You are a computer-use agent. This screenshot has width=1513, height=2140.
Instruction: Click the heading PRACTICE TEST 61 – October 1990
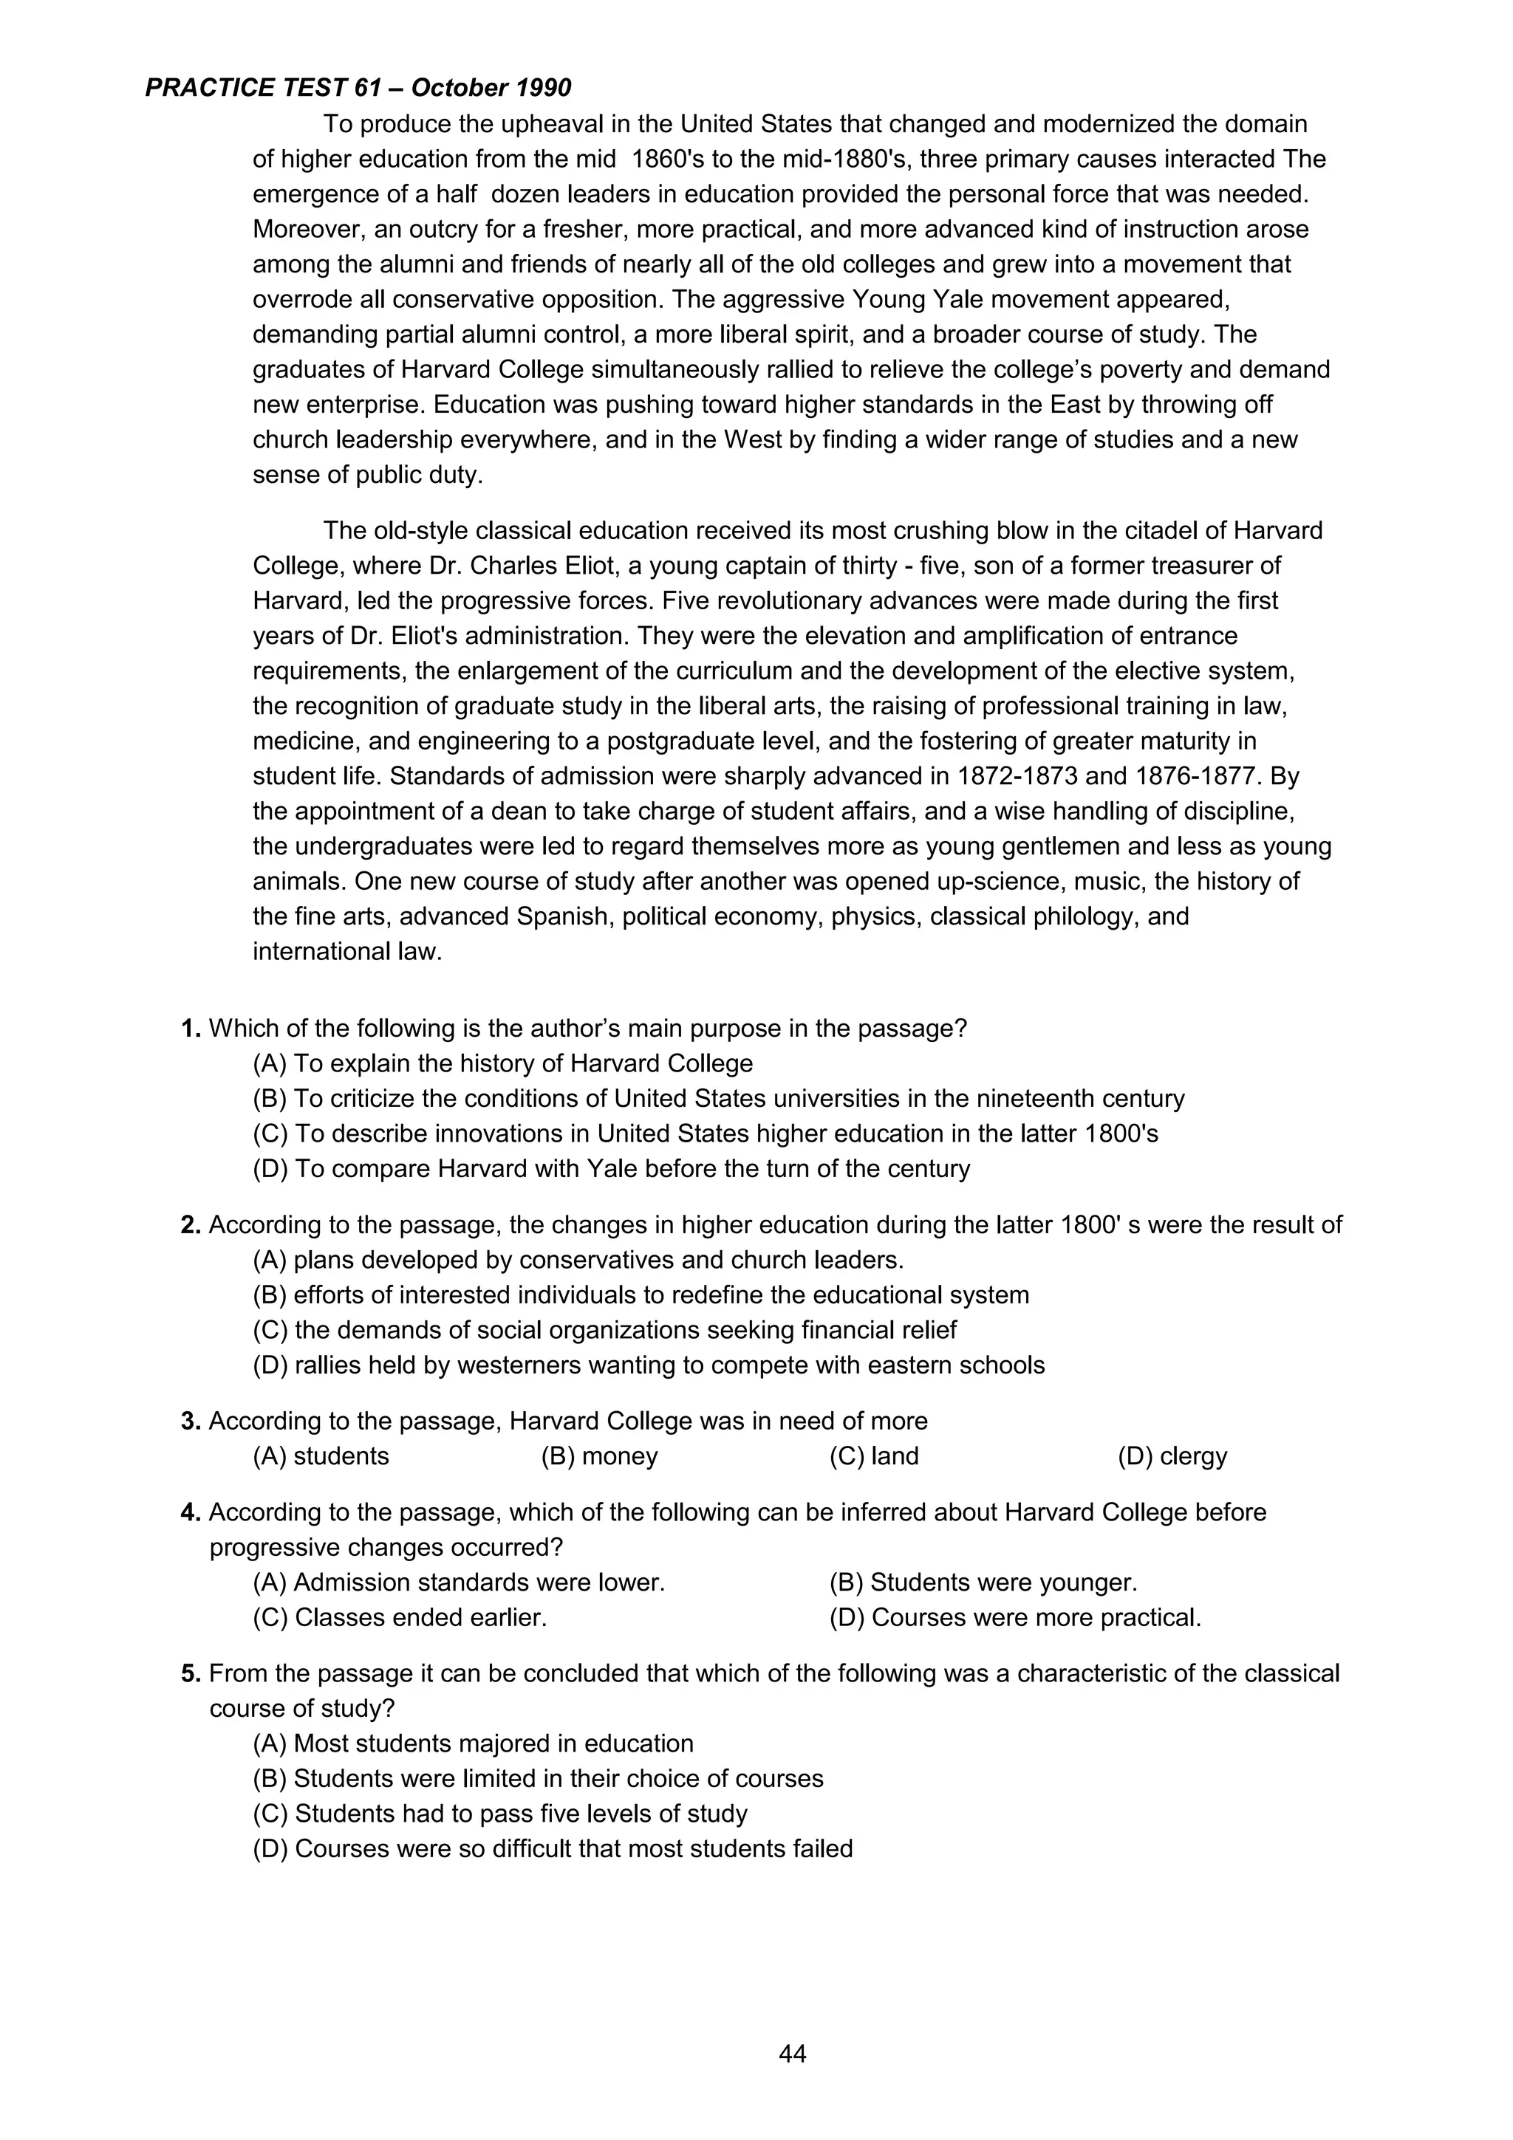pos(358,89)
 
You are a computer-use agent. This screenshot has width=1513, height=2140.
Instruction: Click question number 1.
pos(190,1029)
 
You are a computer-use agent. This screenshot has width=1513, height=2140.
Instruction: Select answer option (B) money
pos(599,1456)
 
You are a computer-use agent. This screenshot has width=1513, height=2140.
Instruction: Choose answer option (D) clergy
pos(1172,1456)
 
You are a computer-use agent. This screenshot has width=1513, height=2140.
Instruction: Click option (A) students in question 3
pos(321,1456)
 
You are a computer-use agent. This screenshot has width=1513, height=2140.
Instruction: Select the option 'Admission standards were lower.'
pos(459,1582)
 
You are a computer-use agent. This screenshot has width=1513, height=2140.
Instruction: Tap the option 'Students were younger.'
pos(983,1582)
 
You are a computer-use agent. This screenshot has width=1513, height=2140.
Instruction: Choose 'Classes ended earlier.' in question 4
pos(400,1617)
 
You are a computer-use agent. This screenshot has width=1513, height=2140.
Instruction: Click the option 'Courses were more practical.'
pos(1014,1617)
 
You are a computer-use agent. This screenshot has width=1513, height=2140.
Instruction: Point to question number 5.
pos(190,1673)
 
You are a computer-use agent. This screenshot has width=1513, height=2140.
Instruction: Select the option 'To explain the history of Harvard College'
pos(502,1063)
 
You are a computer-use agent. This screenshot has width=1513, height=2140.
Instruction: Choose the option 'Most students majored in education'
pos(474,1744)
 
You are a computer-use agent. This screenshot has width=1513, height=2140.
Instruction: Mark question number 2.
pos(190,1225)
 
